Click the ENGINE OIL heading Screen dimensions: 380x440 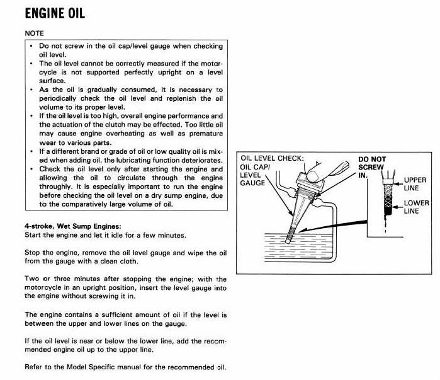click(x=55, y=13)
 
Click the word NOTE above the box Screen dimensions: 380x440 click(x=35, y=32)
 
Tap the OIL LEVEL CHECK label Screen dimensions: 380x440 click(x=273, y=158)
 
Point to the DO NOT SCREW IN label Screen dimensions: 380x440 click(x=372, y=168)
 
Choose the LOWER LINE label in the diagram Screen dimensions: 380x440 click(x=415, y=207)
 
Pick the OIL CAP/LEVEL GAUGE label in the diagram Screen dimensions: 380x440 click(x=254, y=175)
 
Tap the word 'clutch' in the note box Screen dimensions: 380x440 click(x=127, y=125)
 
